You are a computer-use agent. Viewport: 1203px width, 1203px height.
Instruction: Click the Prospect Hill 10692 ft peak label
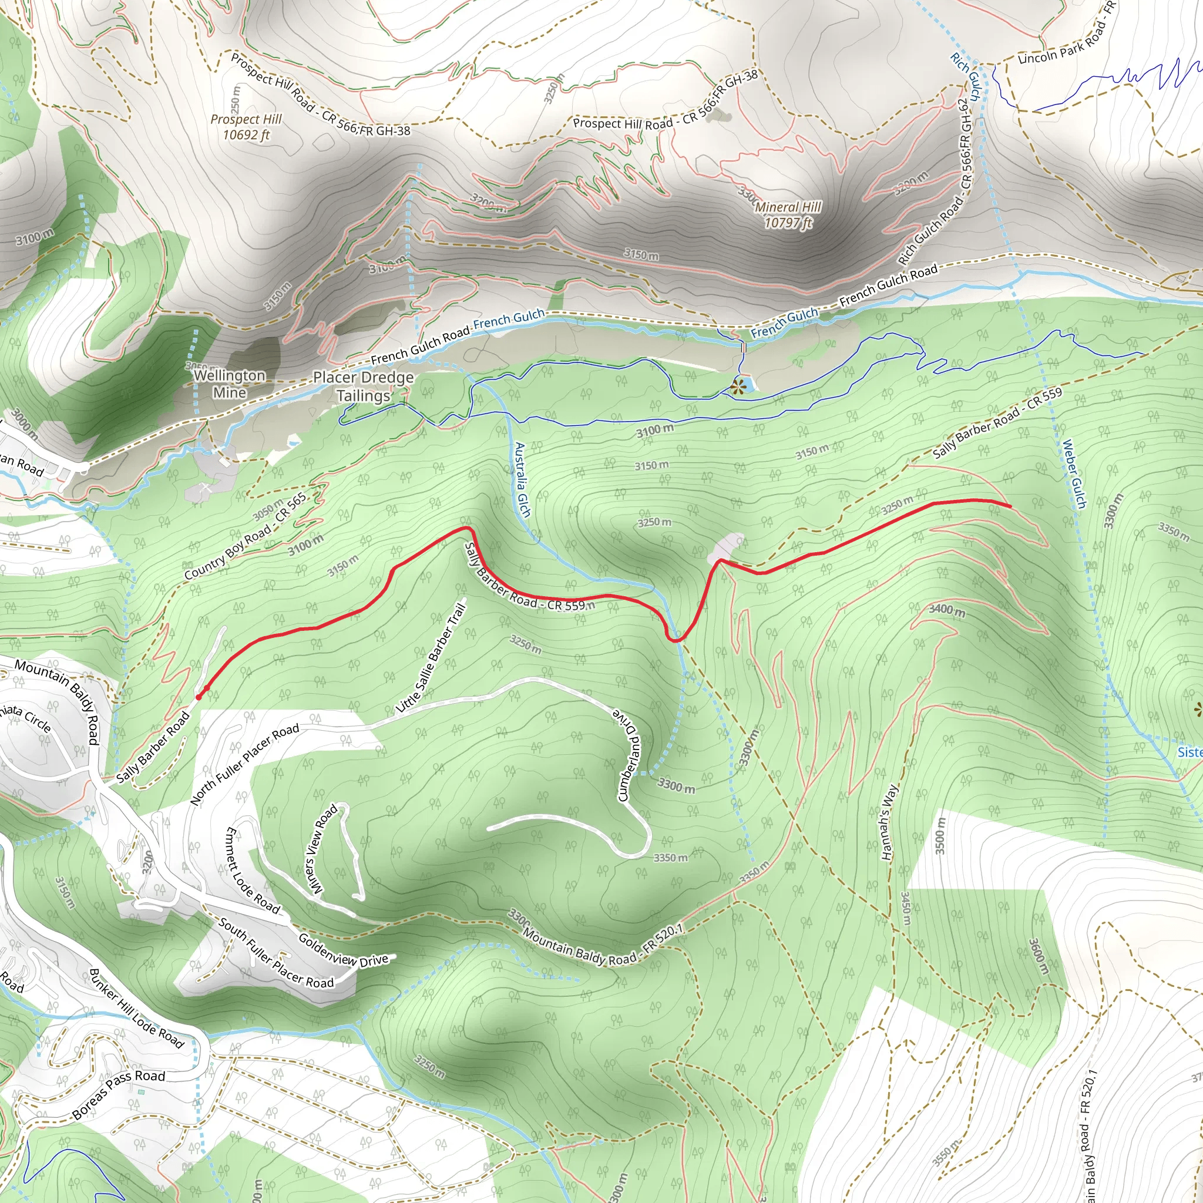[246, 127]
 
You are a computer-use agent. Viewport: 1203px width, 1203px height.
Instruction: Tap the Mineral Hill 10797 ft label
[788, 215]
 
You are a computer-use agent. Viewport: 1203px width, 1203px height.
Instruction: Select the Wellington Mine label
[229, 384]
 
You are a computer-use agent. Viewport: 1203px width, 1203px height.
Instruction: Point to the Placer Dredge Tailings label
[363, 387]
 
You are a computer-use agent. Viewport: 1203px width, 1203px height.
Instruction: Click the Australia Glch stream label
[522, 479]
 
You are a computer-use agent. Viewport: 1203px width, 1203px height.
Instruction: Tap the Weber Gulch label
[1074, 474]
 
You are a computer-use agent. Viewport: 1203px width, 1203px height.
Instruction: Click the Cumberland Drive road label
[629, 754]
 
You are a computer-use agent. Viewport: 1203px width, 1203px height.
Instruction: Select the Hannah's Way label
[890, 822]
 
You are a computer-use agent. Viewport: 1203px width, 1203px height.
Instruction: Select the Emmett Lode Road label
[252, 871]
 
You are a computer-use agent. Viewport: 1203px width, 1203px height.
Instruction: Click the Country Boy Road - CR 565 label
[246, 536]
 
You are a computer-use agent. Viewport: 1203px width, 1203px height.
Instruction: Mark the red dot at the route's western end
[199, 697]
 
